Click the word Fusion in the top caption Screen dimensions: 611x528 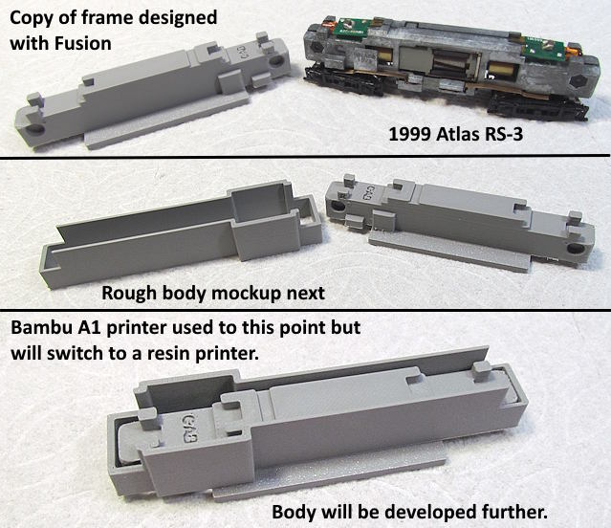point(82,43)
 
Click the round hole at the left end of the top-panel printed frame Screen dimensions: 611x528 point(36,128)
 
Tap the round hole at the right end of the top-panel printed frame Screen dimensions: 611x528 point(276,61)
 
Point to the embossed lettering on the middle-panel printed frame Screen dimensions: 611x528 point(366,191)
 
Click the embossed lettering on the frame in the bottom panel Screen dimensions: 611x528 point(189,428)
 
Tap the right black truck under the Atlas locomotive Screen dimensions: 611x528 point(537,108)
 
